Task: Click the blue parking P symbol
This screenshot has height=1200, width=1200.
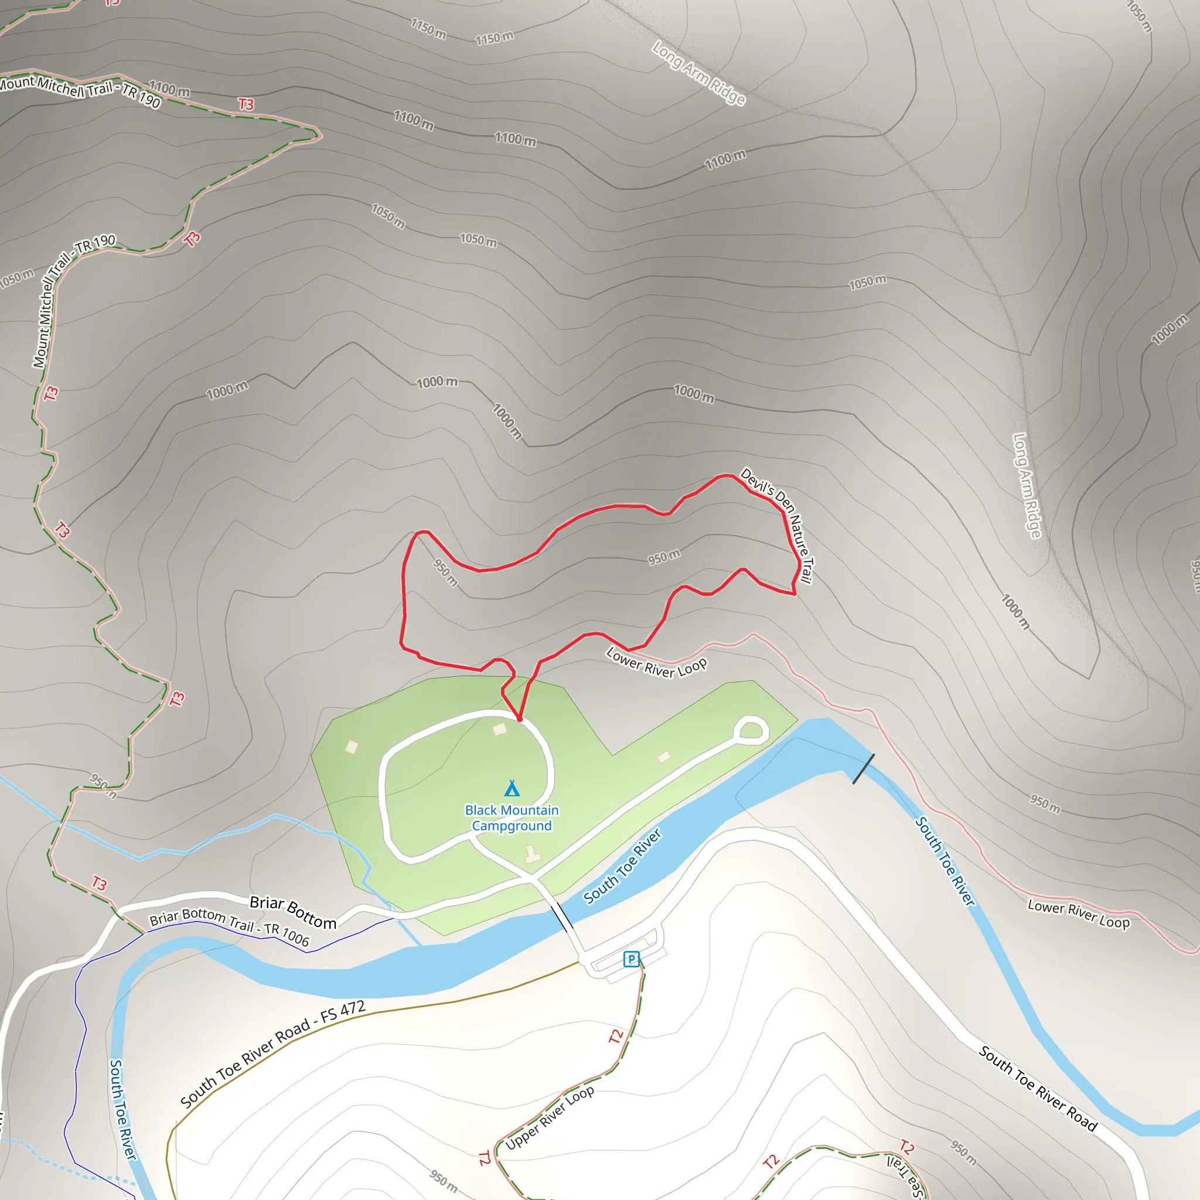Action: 631,959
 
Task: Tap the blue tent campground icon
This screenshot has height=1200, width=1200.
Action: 512,788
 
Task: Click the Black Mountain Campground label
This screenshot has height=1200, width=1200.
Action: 512,818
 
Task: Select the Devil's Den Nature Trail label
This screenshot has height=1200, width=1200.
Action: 776,526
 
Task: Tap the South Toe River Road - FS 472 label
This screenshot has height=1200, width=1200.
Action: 272,1054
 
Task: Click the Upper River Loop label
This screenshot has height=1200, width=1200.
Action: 550,1117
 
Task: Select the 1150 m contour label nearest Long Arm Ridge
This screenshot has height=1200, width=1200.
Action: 495,38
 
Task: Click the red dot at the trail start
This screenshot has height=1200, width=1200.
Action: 520,718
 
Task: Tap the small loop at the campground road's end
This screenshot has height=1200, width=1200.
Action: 751,731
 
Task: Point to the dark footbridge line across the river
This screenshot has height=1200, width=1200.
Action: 863,768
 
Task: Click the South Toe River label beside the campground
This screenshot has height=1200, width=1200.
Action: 623,867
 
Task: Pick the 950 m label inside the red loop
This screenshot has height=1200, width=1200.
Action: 663,557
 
